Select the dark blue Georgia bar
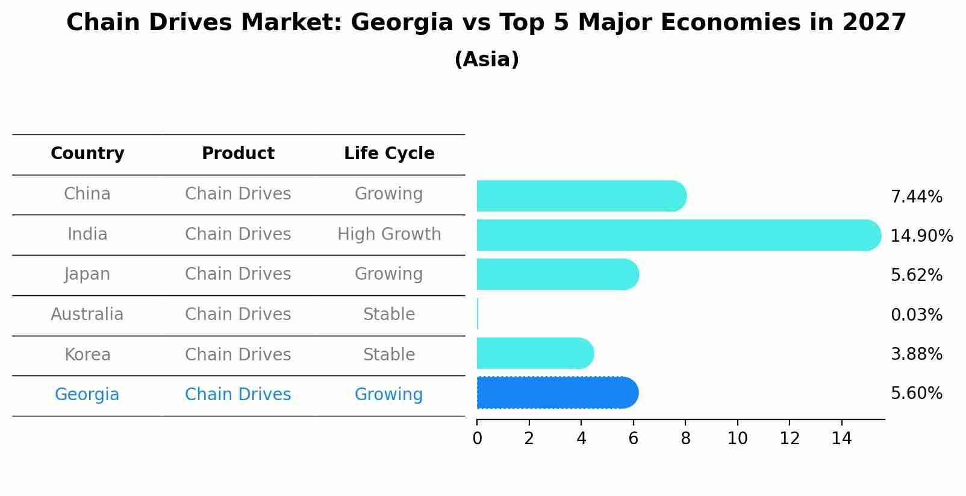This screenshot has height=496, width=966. click(557, 393)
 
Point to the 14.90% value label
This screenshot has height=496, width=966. click(921, 236)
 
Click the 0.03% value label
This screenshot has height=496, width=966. click(916, 315)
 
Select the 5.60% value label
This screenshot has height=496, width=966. click(916, 394)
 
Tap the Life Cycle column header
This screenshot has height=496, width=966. click(389, 154)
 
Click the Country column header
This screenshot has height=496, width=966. click(87, 154)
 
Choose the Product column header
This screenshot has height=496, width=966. click(238, 154)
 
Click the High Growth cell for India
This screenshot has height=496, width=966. click(389, 234)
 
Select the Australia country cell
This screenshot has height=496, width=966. click(87, 315)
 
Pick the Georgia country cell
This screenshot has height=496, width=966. click(87, 395)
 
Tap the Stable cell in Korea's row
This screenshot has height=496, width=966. click(389, 355)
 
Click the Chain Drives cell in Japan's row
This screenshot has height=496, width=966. click(238, 274)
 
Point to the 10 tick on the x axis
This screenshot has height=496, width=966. click(737, 439)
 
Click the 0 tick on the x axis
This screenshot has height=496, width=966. click(477, 439)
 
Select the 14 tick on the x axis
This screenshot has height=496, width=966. click(841, 439)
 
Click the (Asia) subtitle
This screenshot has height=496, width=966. click(487, 60)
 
